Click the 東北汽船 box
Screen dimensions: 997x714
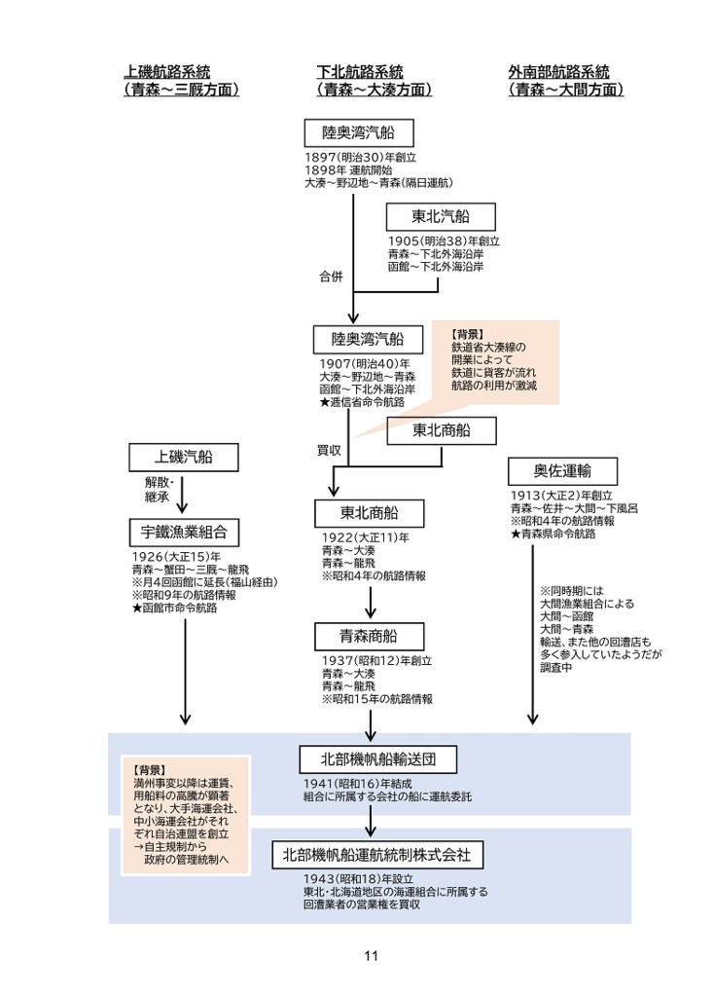pyautogui.click(x=441, y=216)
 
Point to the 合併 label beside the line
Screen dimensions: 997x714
pyautogui.click(x=331, y=277)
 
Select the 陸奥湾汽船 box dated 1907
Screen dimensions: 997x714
pyautogui.click(x=357, y=339)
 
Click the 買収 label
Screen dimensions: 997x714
pyautogui.click(x=329, y=451)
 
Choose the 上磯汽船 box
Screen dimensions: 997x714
pyautogui.click(x=184, y=456)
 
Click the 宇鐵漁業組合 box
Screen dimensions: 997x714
pyautogui.click(x=184, y=532)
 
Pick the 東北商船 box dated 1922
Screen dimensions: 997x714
pyautogui.click(x=369, y=512)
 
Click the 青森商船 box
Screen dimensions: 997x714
pyautogui.click(x=369, y=637)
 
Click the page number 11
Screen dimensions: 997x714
pyautogui.click(x=370, y=955)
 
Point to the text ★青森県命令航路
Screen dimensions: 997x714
pyautogui.click(x=553, y=534)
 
